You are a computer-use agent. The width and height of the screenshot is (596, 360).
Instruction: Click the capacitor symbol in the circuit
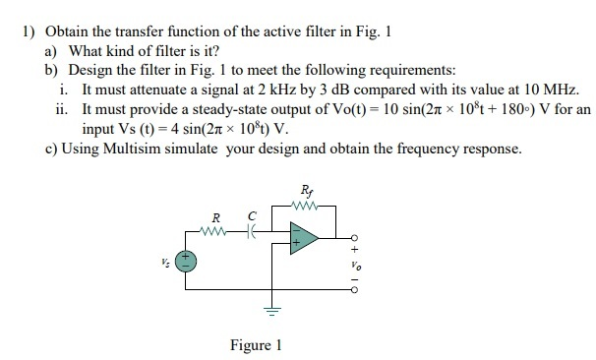tap(253, 231)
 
